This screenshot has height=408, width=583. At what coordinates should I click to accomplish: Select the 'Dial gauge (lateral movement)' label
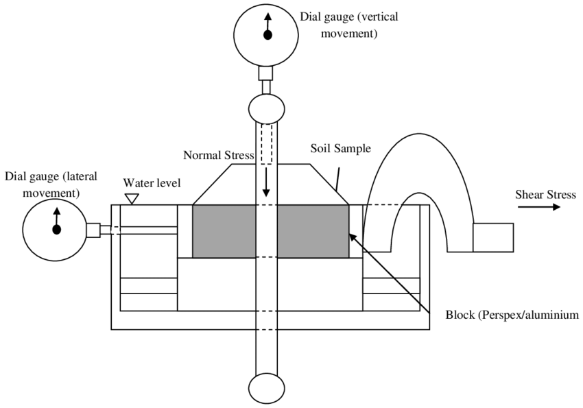pyautogui.click(x=51, y=183)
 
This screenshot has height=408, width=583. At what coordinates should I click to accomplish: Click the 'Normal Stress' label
pyautogui.click(x=219, y=155)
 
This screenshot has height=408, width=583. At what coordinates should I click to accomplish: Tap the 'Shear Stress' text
pyautogui.click(x=545, y=195)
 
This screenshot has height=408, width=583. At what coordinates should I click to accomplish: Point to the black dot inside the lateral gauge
pyautogui.click(x=56, y=229)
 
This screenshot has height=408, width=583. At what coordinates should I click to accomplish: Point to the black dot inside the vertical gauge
pyautogui.click(x=268, y=34)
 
